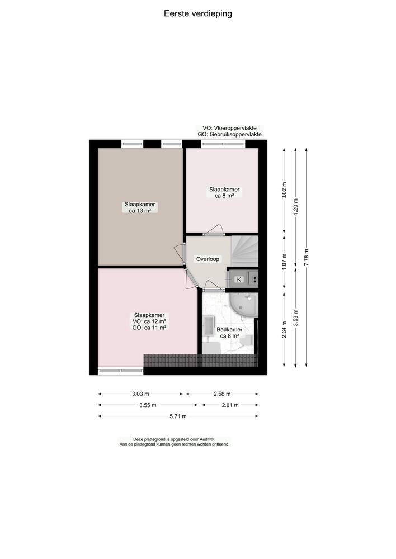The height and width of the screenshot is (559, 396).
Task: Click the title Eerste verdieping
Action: click(x=197, y=14)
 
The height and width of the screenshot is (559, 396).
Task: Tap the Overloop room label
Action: click(x=208, y=259)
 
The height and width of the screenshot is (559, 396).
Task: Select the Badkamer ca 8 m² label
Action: click(x=229, y=333)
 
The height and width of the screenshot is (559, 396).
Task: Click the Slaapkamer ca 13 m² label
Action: click(x=140, y=207)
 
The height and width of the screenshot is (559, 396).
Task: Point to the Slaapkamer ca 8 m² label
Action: click(x=224, y=192)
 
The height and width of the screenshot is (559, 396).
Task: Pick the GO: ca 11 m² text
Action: click(x=149, y=328)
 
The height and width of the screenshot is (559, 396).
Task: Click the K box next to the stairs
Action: click(x=239, y=279)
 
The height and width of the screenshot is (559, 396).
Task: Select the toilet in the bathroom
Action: click(x=246, y=342)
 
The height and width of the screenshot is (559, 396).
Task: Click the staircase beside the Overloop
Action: click(x=244, y=251)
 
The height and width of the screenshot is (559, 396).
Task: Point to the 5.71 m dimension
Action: click(x=178, y=416)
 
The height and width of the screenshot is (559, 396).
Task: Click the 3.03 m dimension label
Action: click(x=140, y=394)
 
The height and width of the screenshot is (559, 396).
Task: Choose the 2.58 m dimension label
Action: click(x=222, y=394)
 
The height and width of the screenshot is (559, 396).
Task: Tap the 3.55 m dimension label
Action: click(x=148, y=405)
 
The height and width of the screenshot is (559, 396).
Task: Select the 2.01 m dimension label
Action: click(x=230, y=405)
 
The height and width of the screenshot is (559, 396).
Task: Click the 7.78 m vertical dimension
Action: click(x=307, y=257)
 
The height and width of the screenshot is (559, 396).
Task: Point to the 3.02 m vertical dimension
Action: click(x=284, y=191)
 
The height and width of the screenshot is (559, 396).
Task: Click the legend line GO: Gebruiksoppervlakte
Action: click(x=229, y=134)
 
